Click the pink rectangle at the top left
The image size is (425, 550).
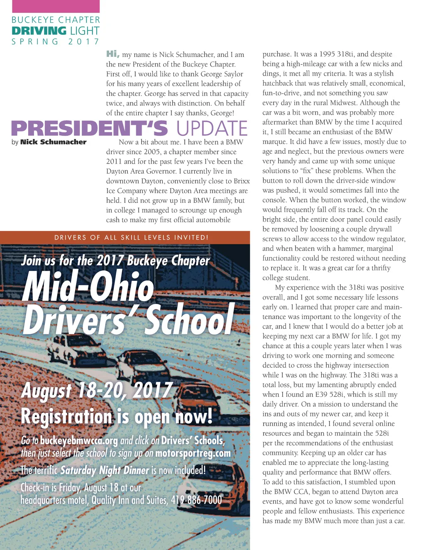(56, 6)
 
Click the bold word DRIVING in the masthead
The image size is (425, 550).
(39, 31)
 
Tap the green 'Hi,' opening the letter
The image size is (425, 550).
(112, 54)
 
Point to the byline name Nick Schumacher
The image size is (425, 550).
(53, 142)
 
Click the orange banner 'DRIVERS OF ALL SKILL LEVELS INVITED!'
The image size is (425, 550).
(131, 238)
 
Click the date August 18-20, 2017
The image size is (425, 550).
(96, 390)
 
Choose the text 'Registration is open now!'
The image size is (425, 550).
(117, 416)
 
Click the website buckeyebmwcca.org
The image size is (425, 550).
(79, 440)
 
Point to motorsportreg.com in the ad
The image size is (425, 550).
(193, 453)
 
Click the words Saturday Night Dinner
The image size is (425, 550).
(105, 470)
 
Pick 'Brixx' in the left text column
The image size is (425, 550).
(242, 181)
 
